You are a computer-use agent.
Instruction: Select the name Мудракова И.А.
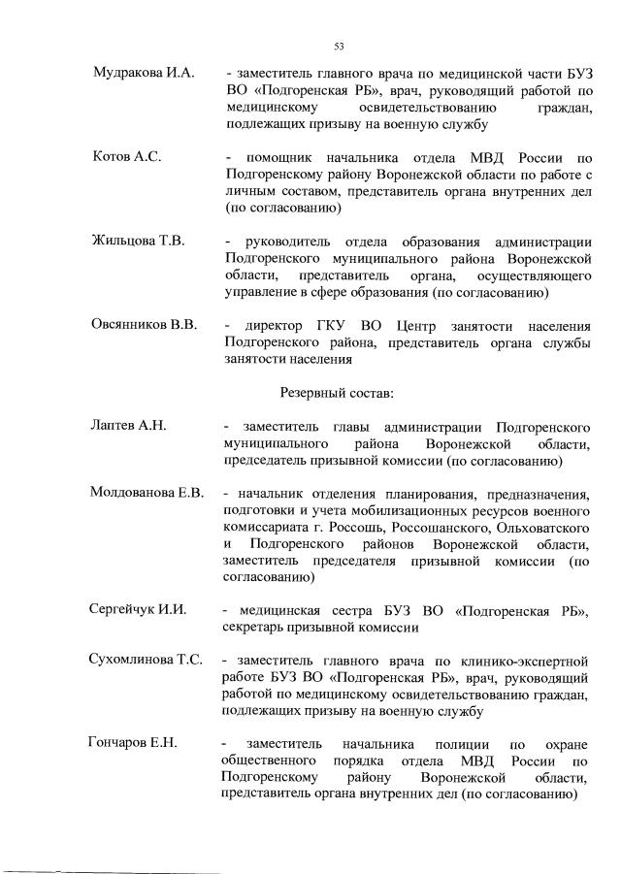[144, 75]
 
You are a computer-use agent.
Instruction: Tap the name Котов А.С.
[126, 157]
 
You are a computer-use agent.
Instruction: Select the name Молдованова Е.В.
[147, 493]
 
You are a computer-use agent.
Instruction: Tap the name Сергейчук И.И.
[138, 610]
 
